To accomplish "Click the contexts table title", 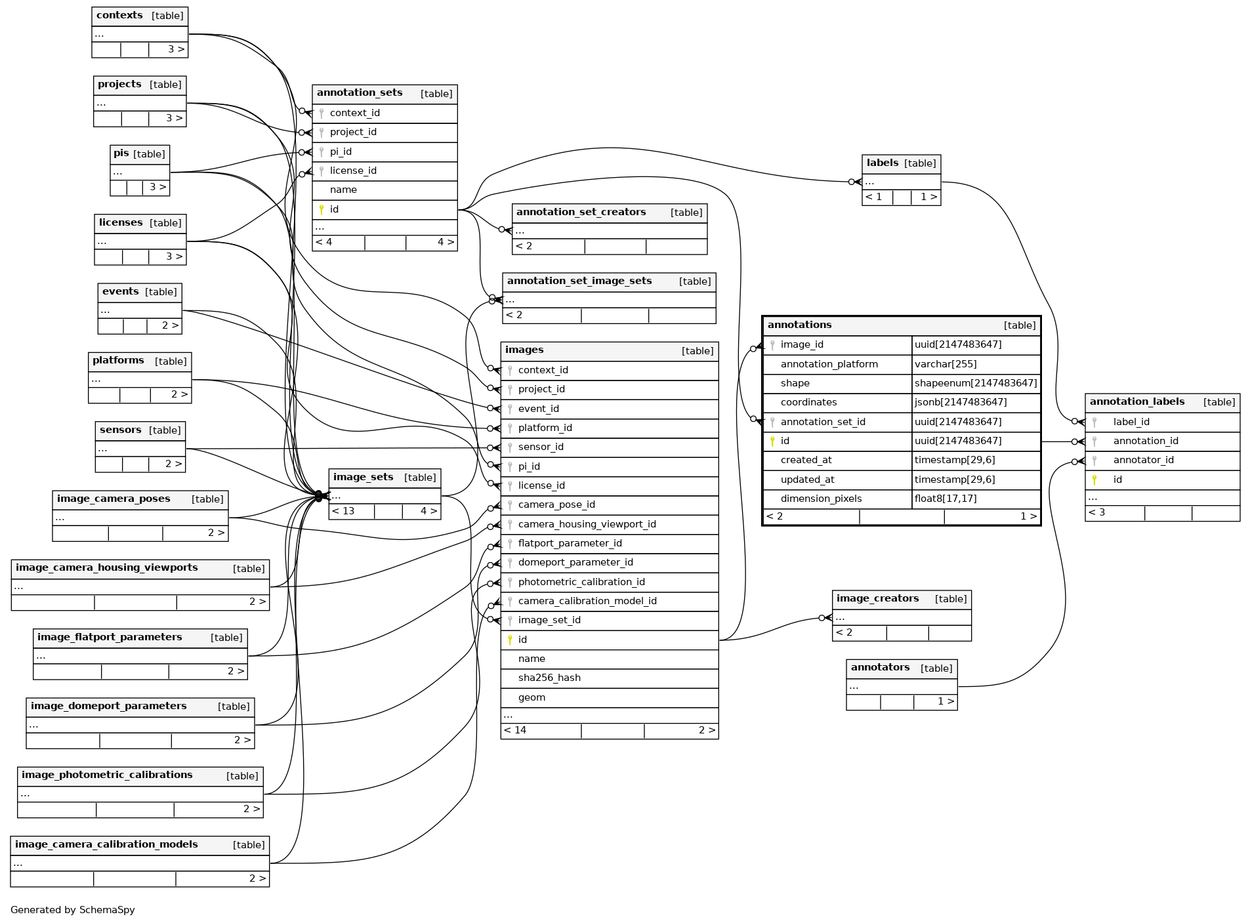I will click(119, 16).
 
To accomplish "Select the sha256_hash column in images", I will click(549, 678).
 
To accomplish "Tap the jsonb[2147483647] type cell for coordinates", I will click(960, 402).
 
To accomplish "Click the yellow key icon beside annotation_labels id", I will click(1094, 480).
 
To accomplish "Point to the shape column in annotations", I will click(795, 383).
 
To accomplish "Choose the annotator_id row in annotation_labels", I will click(1143, 460).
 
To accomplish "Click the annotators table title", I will click(880, 668).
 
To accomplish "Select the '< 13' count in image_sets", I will click(343, 511).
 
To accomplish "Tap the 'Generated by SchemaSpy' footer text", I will click(73, 910).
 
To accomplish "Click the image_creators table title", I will click(877, 599).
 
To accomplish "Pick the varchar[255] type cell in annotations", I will click(946, 364).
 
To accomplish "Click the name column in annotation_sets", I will click(343, 190).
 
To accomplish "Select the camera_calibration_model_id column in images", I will click(587, 601).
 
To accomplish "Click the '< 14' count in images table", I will click(516, 730).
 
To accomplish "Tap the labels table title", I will click(882, 163).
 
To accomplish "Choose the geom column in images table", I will click(531, 697).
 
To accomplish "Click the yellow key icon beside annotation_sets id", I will click(322, 209).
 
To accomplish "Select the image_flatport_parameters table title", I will click(110, 637).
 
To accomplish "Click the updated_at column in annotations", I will click(807, 480).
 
